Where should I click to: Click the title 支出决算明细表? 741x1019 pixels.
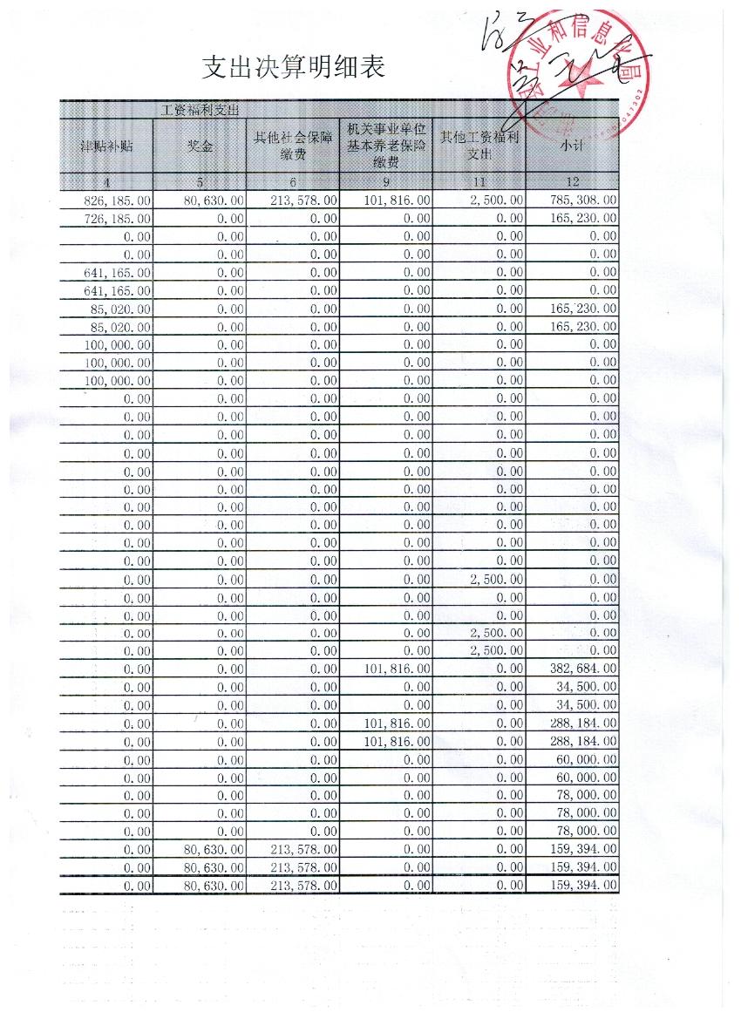click(x=293, y=66)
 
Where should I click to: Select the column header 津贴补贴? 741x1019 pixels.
click(x=106, y=146)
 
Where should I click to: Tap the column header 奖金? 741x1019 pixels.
click(x=200, y=146)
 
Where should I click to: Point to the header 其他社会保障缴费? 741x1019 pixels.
click(x=293, y=146)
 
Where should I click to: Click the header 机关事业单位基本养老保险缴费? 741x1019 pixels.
click(x=386, y=145)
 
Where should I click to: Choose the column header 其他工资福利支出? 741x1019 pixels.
click(x=479, y=146)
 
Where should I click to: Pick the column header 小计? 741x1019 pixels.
click(x=572, y=146)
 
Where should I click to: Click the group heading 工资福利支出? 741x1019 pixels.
click(x=201, y=110)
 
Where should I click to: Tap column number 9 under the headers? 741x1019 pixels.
click(x=386, y=182)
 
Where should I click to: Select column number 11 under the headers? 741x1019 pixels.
click(x=479, y=182)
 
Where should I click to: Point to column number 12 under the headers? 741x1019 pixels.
click(x=572, y=182)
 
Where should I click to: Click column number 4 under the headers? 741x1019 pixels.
click(x=106, y=182)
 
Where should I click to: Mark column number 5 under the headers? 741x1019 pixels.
click(x=200, y=182)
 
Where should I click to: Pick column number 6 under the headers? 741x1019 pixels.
click(x=293, y=182)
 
